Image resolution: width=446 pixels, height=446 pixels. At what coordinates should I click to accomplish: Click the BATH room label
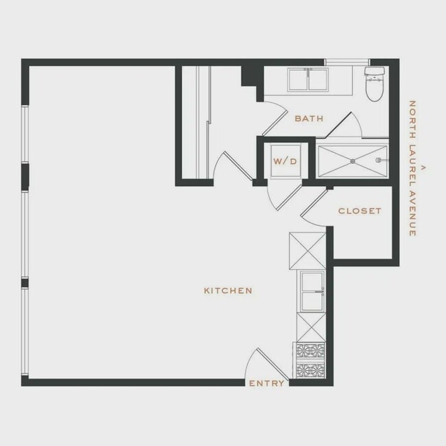pos(309,118)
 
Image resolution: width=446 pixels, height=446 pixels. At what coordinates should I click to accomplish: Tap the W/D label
pos(285,161)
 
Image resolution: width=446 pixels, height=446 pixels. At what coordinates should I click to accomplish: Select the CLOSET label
pos(360,211)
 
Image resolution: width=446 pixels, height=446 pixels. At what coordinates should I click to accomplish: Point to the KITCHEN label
pos(228,290)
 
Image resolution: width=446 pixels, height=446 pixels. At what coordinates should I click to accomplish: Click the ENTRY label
pos(267,384)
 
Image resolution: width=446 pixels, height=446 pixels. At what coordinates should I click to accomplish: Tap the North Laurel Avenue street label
pos(412,168)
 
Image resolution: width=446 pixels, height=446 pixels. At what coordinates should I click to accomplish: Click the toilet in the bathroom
pos(375,84)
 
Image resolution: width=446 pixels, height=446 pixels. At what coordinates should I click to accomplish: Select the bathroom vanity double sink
pos(308,80)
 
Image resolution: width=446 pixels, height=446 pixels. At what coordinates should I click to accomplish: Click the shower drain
pos(353,161)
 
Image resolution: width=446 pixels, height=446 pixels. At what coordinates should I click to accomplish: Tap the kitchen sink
pos(312,291)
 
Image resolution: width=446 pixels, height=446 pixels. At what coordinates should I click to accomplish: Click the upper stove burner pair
pos(310,351)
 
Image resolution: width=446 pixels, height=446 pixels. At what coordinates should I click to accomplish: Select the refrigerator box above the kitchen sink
pos(307,250)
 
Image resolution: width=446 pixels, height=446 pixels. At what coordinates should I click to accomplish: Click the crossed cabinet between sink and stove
pos(312,327)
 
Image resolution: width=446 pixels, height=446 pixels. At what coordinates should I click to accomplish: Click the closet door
pos(314,204)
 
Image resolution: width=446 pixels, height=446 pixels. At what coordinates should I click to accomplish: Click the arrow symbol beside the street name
pos(423,167)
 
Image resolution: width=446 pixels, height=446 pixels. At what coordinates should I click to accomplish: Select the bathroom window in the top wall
pos(347,62)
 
